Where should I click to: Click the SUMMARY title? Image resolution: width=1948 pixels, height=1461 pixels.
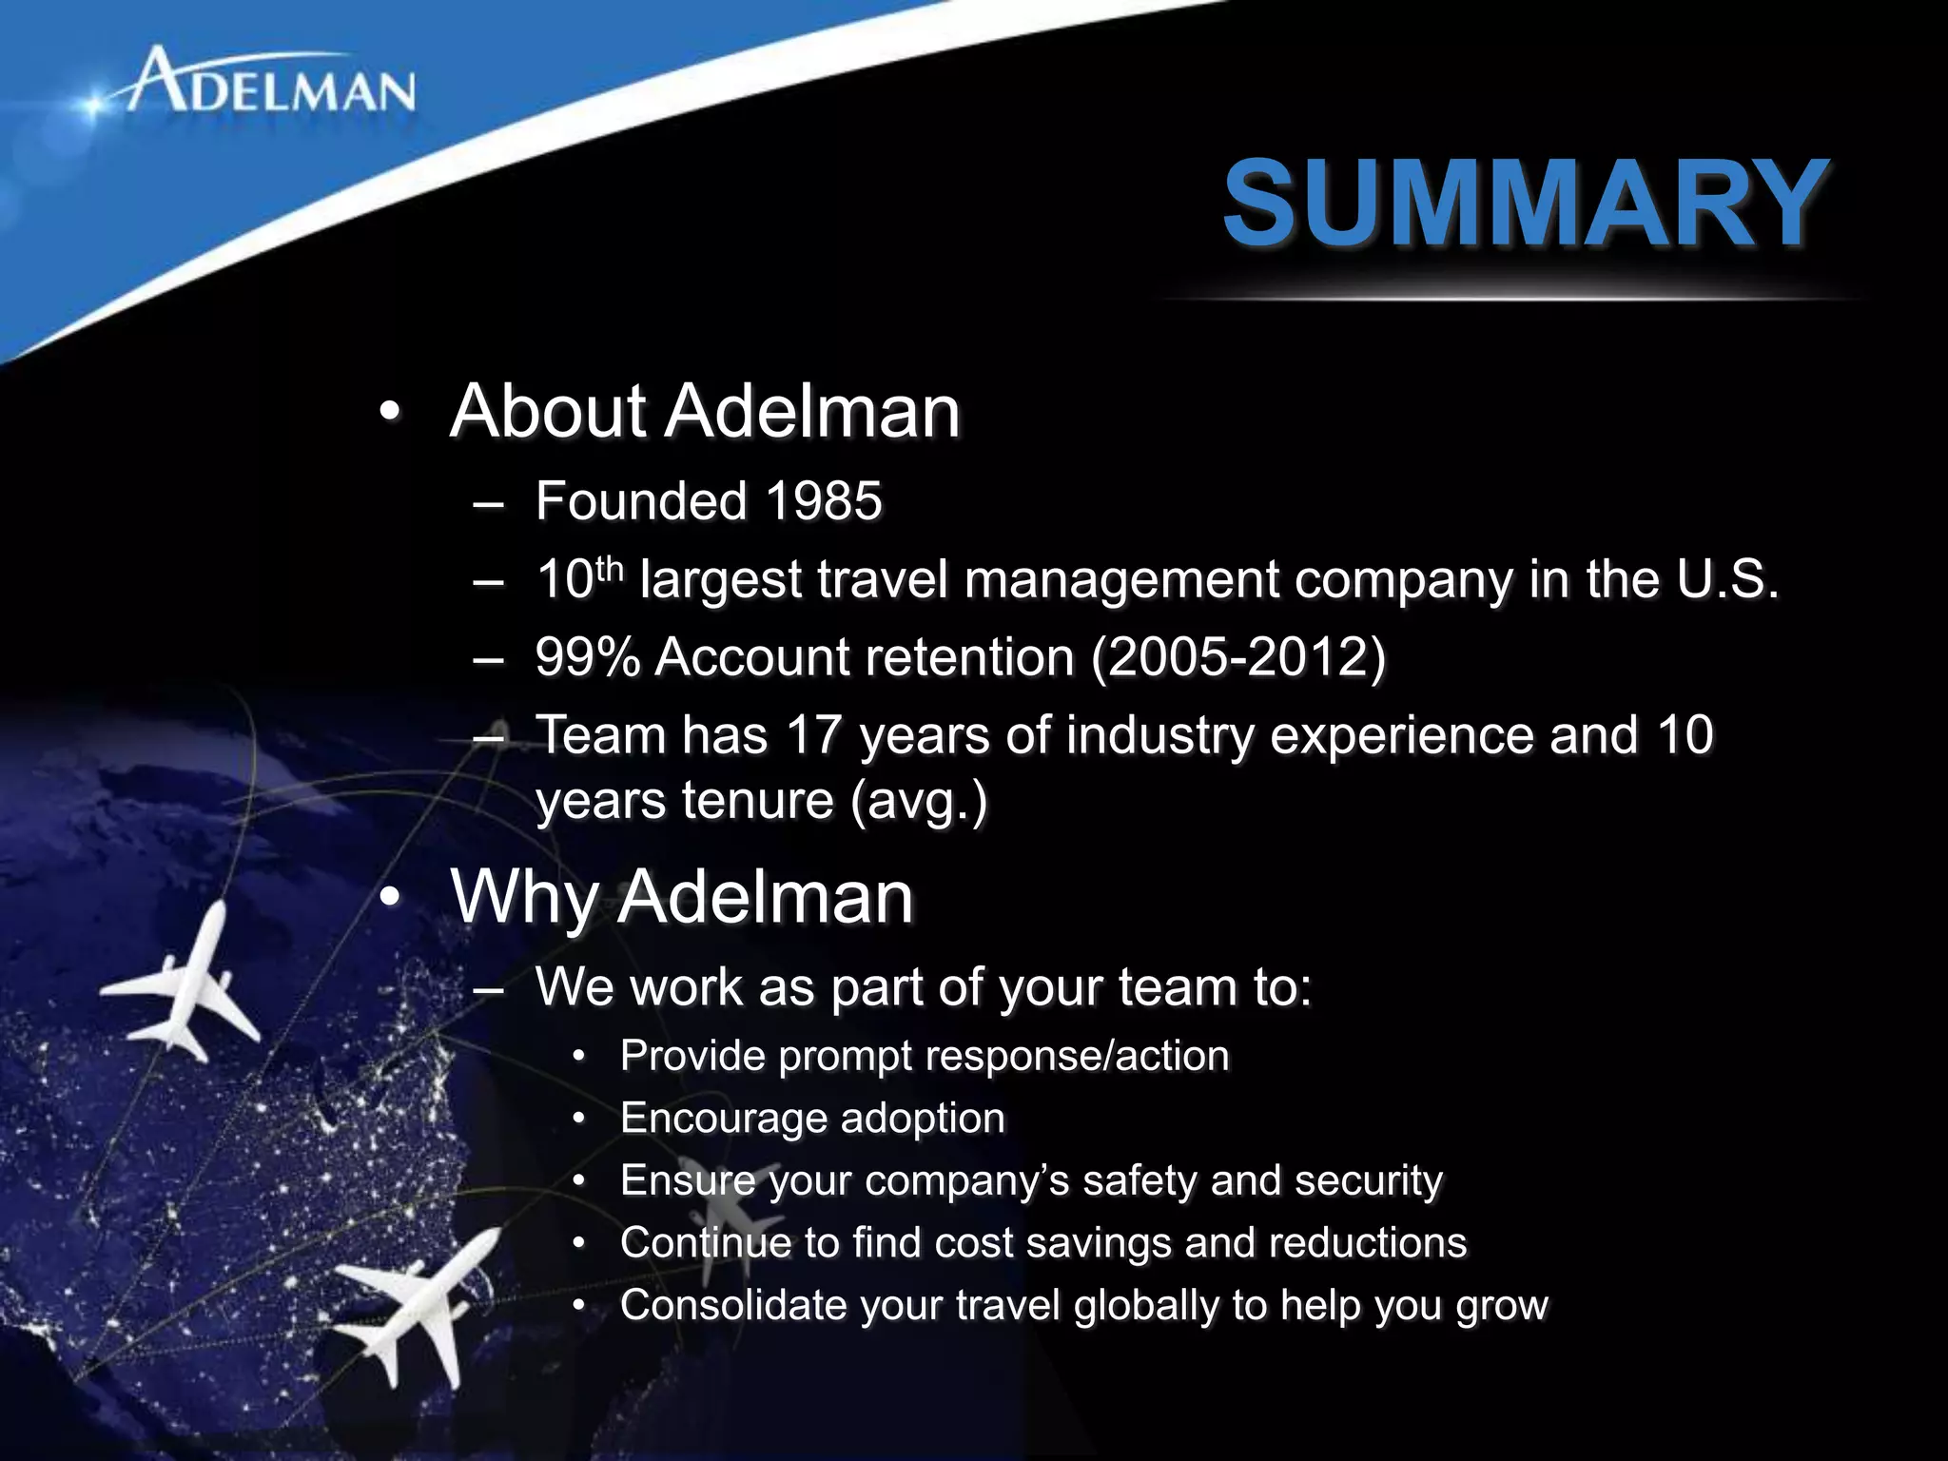[x=1525, y=204]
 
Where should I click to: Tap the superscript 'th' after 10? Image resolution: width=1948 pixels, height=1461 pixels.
[x=609, y=568]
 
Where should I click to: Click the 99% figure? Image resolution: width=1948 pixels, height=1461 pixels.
[x=587, y=657]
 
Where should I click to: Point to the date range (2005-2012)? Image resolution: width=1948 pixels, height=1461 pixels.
[x=1237, y=657]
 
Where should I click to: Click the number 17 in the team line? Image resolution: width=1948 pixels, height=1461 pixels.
[x=813, y=735]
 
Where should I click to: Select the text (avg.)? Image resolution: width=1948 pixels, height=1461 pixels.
[x=919, y=801]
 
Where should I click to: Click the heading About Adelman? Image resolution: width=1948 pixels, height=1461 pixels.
[x=705, y=411]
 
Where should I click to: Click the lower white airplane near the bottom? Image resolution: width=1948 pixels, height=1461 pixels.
[x=419, y=1298]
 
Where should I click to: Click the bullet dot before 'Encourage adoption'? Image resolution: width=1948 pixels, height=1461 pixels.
[x=578, y=1119]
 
